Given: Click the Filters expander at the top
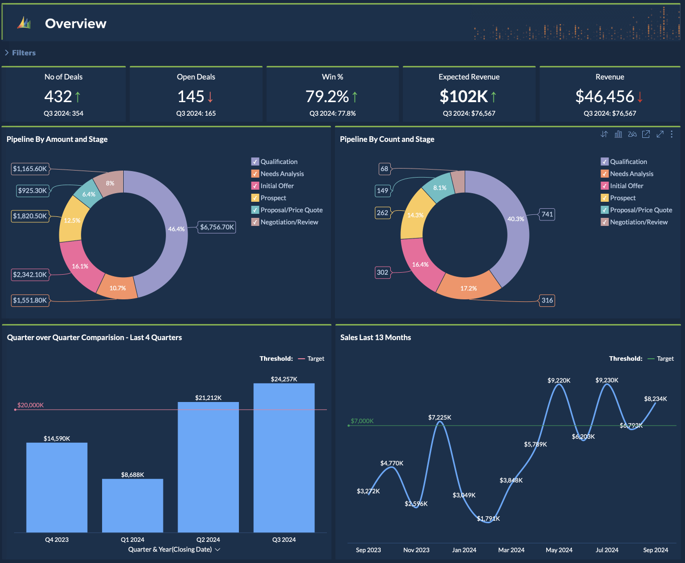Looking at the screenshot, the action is [20, 53].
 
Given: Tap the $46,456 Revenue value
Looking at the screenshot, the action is [605, 97].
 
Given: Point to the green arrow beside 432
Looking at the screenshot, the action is [77, 97].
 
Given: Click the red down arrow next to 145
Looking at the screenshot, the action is [210, 97].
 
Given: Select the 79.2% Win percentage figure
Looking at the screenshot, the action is [327, 97].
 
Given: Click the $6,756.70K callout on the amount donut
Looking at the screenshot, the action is [217, 227].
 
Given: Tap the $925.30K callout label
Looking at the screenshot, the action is [32, 190].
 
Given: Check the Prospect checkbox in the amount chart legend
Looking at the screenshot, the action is [255, 198].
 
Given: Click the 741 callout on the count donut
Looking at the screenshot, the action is [547, 214].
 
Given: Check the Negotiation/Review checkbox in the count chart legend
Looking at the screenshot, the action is [605, 222].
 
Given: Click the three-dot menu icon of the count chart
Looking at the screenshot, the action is [672, 134].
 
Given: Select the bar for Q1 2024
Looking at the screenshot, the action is [132, 505].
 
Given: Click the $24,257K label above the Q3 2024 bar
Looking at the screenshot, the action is [284, 379].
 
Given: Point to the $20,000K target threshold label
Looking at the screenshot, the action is [30, 405].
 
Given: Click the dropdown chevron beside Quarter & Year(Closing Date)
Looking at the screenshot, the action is [218, 549].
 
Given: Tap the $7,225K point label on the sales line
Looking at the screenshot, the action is [440, 417].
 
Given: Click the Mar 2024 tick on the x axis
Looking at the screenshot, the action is [511, 550].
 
